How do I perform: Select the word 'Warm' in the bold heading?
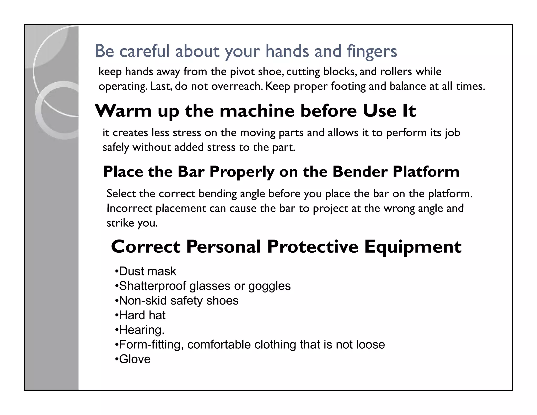point(123,111)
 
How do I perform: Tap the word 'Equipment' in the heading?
point(413,247)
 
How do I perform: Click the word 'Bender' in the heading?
point(360,172)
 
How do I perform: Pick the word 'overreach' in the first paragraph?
point(237,86)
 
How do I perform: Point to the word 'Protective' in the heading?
point(313,247)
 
